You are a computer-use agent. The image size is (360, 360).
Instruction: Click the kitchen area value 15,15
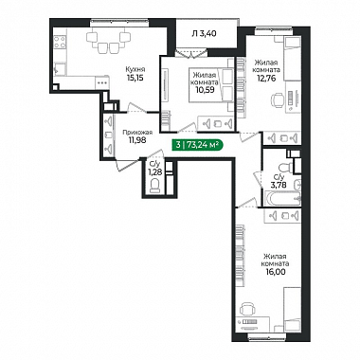tap(135, 78)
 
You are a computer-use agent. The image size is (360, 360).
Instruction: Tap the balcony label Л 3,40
tap(204, 33)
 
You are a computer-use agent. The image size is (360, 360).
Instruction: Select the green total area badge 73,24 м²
tap(197, 145)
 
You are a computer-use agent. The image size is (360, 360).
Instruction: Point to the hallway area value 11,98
tap(137, 140)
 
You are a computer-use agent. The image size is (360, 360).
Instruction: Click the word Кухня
tap(135, 69)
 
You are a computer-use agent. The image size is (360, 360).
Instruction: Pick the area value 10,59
tap(206, 90)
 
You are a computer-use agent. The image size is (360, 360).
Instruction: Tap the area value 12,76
tap(267, 78)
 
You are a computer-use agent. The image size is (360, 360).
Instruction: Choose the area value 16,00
tap(276, 271)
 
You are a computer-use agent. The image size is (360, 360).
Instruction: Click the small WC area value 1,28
tap(153, 171)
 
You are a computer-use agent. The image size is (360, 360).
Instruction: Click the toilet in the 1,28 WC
tap(155, 186)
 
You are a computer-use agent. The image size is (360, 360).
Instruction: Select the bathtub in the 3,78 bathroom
tap(283, 199)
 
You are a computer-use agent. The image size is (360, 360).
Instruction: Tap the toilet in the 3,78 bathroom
tap(286, 167)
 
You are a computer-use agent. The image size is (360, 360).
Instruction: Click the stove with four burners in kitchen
tap(60, 43)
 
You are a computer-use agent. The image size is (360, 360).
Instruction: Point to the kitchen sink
tap(60, 69)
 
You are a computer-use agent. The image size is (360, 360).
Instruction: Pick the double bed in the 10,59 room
tap(211, 84)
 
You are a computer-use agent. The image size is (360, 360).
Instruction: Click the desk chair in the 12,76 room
tap(278, 100)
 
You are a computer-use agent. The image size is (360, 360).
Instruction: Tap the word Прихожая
tap(137, 133)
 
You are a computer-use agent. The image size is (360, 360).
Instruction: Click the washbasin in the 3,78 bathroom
tap(297, 184)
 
